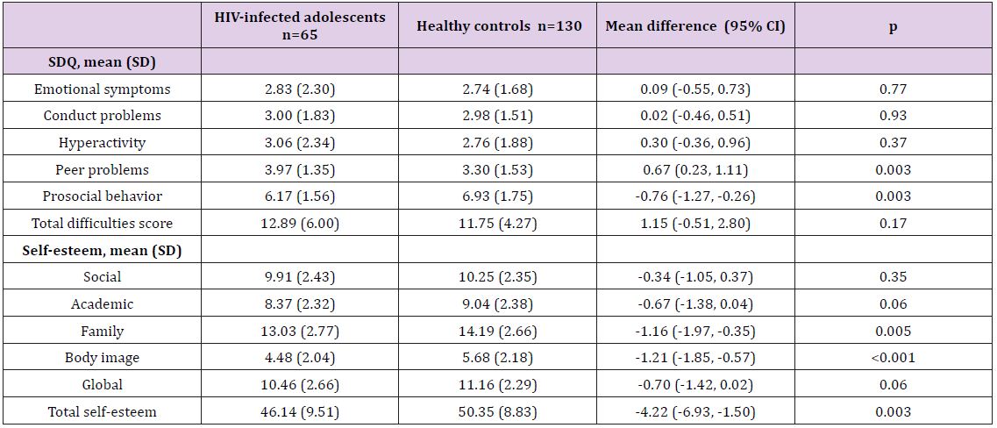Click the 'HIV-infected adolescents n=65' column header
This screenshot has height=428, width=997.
tap(300, 25)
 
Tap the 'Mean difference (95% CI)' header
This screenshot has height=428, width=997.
tap(695, 25)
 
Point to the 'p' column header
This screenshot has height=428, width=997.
tap(893, 25)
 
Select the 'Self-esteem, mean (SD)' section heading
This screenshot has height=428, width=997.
tap(102, 250)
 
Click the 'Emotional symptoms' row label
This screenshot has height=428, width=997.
tap(102, 89)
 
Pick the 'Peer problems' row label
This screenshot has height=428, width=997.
tap(102, 169)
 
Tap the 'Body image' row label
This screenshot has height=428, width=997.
tap(102, 357)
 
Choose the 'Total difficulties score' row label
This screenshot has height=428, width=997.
tap(102, 223)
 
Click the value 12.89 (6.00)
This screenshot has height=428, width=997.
tap(300, 223)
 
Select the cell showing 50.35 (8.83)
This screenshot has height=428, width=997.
tap(497, 411)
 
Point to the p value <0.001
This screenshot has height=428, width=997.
tap(893, 357)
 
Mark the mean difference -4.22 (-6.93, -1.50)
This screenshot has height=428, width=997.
tap(695, 411)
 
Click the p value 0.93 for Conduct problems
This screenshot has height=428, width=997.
tap(893, 116)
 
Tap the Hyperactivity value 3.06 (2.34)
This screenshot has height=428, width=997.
tap(300, 142)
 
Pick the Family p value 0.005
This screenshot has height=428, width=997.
tap(893, 331)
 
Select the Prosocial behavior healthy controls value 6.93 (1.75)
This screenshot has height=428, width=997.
tap(497, 196)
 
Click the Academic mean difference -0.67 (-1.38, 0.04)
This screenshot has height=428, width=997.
tap(695, 303)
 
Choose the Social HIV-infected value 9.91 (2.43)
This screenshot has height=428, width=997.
tap(300, 276)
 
